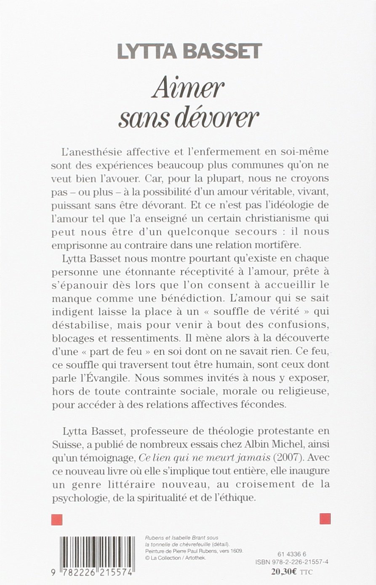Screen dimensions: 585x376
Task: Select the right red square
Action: click(325, 518)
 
